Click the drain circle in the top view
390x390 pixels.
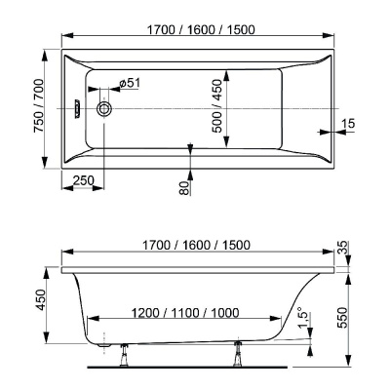[104, 108]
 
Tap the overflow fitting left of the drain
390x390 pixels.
[77, 108]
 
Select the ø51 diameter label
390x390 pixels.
[130, 83]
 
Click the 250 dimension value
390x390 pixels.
[83, 179]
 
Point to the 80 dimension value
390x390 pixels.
[184, 188]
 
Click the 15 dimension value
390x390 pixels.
[348, 124]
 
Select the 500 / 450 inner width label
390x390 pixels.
[217, 106]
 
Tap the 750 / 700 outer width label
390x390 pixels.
[39, 105]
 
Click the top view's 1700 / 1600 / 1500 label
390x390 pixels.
[201, 30]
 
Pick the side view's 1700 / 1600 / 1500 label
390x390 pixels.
[197, 245]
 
